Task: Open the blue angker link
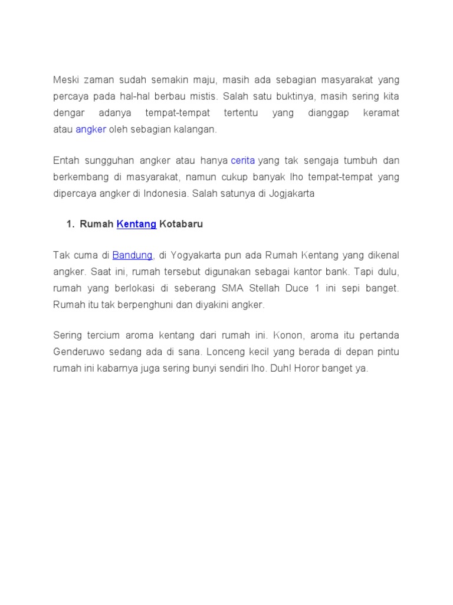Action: pos(91,129)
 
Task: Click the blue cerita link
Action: pos(242,160)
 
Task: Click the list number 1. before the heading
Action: pos(70,224)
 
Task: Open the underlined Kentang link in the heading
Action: pos(136,224)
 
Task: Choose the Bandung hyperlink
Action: pos(133,255)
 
